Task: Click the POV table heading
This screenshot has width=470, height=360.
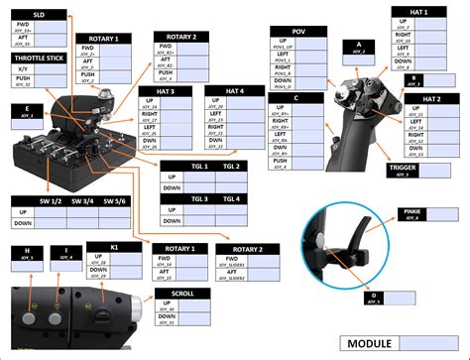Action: pyautogui.click(x=298, y=33)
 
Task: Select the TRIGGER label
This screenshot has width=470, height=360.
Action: pyautogui.click(x=409, y=170)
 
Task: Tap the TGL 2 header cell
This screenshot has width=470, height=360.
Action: pyautogui.click(x=232, y=166)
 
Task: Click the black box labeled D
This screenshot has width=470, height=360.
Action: pyautogui.click(x=374, y=297)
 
